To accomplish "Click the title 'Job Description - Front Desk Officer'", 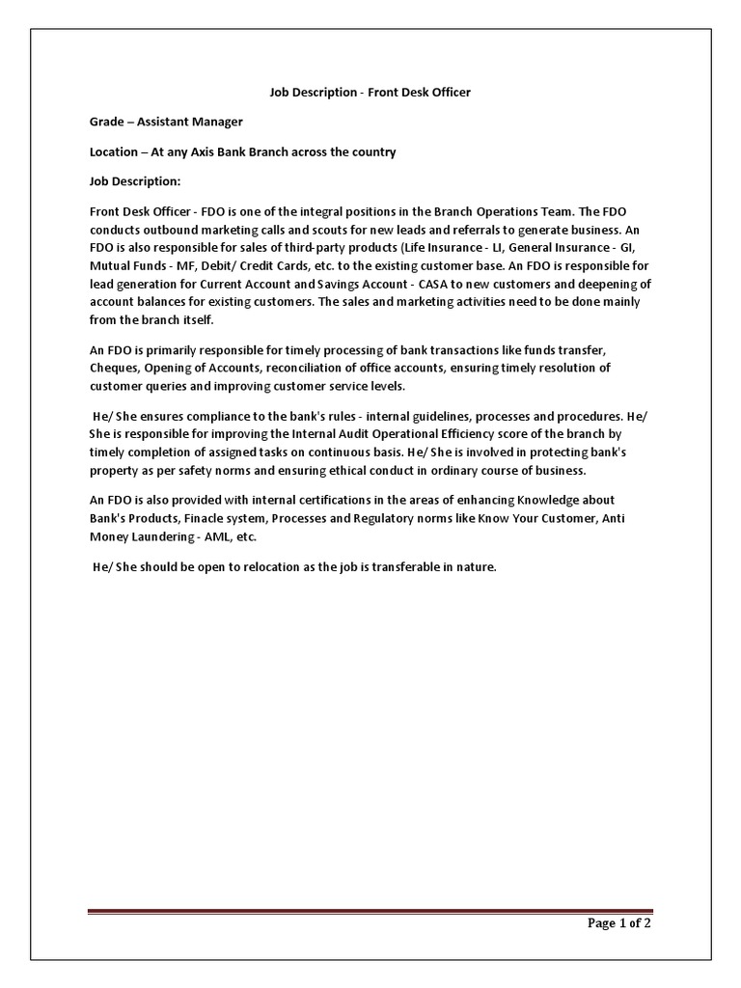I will click(x=370, y=93).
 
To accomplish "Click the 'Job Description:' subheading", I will click(x=135, y=181).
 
